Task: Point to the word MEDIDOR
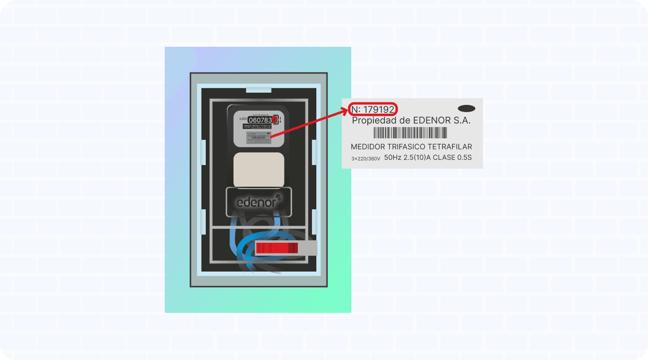click(x=368, y=147)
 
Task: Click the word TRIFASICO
click(x=411, y=147)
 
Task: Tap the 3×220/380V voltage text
click(x=366, y=159)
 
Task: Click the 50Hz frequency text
click(x=393, y=158)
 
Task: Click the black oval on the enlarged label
click(x=466, y=109)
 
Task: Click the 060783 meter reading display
click(x=260, y=120)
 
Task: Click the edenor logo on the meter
click(x=259, y=202)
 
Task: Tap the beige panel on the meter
click(x=259, y=170)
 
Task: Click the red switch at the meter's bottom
click(x=277, y=248)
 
